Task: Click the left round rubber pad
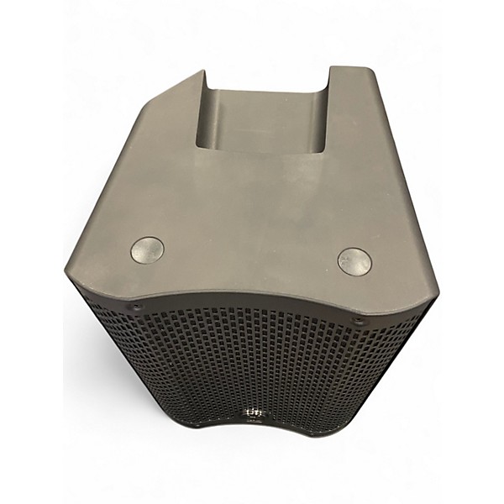pos(147,249)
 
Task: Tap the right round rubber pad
pos(354,261)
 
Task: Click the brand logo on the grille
pos(251,412)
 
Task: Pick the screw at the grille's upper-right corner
pos(360,320)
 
